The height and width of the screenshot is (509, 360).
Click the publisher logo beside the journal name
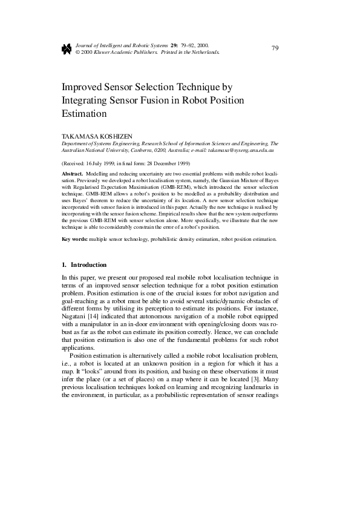click(x=67, y=49)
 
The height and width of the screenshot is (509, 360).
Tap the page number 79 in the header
click(x=275, y=48)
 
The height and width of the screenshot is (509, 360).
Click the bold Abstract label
click(x=73, y=173)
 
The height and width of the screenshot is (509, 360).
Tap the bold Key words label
click(x=75, y=239)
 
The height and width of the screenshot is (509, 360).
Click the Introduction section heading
click(x=88, y=265)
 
